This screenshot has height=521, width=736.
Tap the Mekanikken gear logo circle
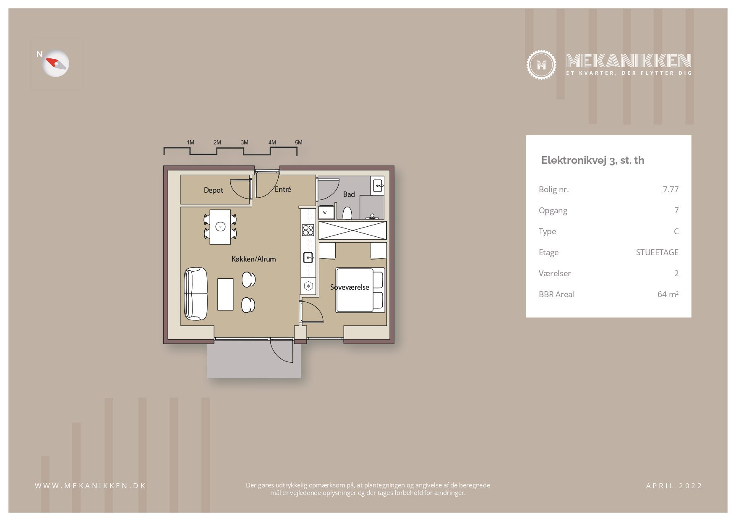click(541, 65)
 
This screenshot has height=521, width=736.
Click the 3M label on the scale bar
click(245, 142)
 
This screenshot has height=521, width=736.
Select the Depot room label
click(213, 190)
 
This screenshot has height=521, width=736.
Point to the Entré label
click(283, 189)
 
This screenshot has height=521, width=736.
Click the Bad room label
click(349, 194)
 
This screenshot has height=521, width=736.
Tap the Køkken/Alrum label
click(253, 259)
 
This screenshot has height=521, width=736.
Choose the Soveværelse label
click(350, 287)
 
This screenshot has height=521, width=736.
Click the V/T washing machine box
click(326, 212)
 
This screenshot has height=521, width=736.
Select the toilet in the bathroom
click(347, 213)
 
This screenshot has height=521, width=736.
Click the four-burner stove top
click(308, 230)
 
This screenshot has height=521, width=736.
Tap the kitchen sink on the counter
click(308, 257)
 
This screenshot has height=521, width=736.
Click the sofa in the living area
click(196, 294)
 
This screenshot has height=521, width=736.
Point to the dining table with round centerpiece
click(220, 227)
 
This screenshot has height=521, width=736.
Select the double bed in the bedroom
click(360, 290)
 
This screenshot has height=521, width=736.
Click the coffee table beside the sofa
click(225, 294)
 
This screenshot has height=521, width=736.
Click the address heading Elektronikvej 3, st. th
click(592, 160)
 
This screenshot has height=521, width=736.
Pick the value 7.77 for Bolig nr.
click(671, 189)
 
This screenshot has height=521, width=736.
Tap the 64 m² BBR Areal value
click(668, 294)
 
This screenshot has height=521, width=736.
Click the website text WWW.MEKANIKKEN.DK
click(90, 486)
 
